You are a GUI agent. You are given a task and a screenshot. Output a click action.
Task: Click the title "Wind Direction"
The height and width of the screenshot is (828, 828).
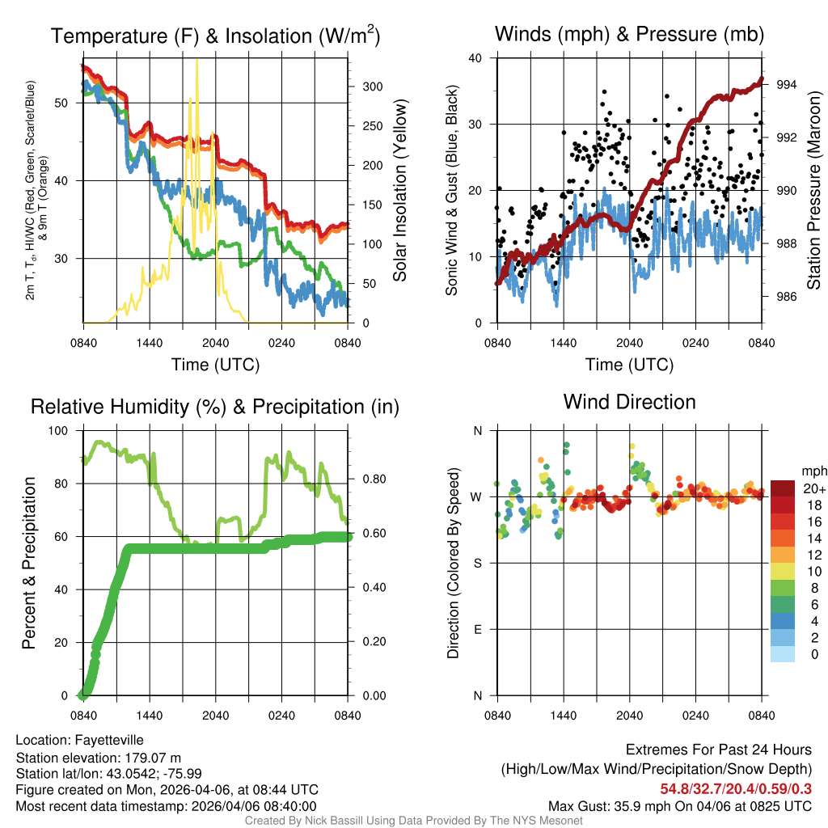(629, 402)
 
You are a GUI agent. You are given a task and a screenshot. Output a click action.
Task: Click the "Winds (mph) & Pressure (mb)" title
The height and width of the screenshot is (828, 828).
(629, 35)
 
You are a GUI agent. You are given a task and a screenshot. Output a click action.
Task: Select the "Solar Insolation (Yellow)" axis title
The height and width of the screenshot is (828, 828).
(400, 191)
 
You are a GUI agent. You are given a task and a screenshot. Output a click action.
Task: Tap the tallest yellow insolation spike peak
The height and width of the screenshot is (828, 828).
(196, 59)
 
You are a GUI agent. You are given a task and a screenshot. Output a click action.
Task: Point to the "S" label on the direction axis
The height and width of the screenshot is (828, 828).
(477, 563)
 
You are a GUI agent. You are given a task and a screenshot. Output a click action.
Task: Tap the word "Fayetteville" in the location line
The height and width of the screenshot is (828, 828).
(109, 740)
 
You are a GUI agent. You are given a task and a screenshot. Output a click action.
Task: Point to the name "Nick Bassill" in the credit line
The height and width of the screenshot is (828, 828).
(330, 821)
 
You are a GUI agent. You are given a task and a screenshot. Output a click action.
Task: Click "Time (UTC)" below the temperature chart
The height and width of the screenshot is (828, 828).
(215, 365)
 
